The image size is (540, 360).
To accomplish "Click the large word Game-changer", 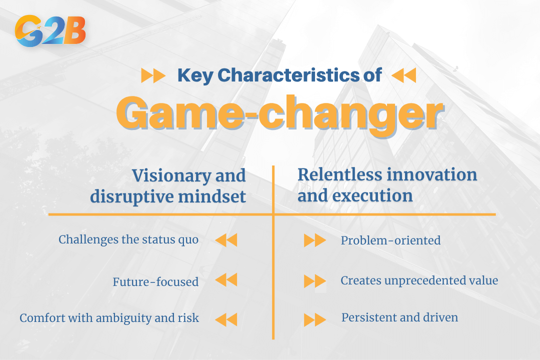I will click(x=280, y=114).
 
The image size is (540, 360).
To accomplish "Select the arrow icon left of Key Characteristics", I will click(x=153, y=76).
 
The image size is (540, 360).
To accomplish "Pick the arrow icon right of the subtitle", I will click(x=403, y=76).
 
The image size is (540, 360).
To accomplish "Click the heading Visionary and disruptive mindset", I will click(x=168, y=186).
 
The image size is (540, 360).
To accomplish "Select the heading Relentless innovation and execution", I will click(x=387, y=185).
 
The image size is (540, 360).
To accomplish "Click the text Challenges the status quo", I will click(x=128, y=239).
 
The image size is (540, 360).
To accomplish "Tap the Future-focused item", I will click(x=155, y=282).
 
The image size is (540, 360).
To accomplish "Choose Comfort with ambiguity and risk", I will click(x=109, y=318).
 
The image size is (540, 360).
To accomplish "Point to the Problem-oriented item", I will click(x=390, y=240).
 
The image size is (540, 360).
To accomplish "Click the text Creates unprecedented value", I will click(x=419, y=280).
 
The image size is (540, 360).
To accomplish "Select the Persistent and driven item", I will click(x=399, y=317).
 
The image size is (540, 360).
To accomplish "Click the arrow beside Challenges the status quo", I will click(x=226, y=240).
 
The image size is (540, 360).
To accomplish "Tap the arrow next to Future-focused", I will click(x=226, y=280).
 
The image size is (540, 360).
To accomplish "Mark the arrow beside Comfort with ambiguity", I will click(x=226, y=319).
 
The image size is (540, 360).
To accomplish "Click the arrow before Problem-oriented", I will click(x=315, y=241).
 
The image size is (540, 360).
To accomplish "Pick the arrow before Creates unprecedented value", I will click(x=315, y=281).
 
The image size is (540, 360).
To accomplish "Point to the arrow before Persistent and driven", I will click(x=315, y=319).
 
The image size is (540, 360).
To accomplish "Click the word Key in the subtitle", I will click(x=195, y=75).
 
